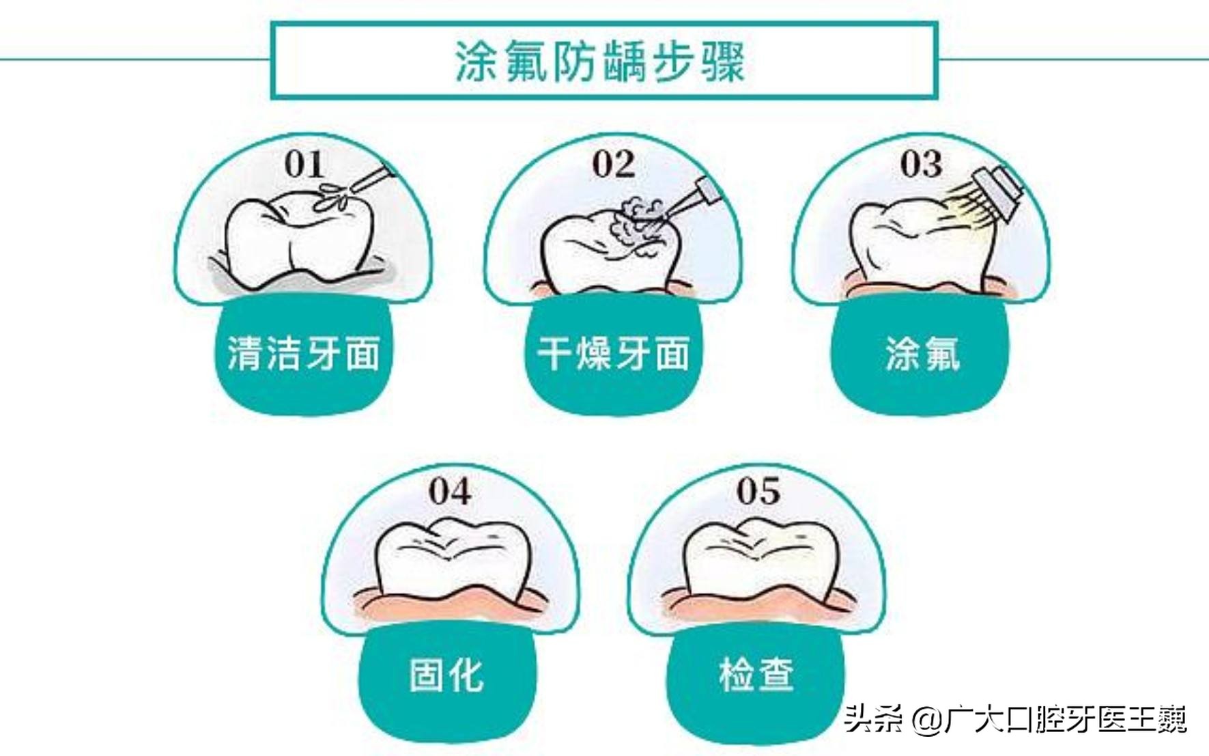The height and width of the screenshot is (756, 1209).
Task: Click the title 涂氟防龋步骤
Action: pos(600,61)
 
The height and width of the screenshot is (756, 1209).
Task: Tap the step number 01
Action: pos(304,165)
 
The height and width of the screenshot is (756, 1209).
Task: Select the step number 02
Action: pos(613,165)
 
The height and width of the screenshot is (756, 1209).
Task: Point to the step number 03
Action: pos(921,165)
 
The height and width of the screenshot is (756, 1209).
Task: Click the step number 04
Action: pos(450,492)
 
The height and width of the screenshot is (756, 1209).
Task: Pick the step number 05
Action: pos(758,492)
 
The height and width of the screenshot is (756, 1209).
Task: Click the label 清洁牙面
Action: pos(303,354)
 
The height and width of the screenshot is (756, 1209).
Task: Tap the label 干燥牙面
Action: pos(613,354)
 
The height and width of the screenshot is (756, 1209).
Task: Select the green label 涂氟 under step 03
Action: pos(922,354)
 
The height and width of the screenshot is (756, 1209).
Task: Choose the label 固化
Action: pos(447,675)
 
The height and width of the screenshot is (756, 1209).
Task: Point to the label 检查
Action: pos(756,675)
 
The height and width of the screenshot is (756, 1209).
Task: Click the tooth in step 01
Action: pos(297,239)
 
